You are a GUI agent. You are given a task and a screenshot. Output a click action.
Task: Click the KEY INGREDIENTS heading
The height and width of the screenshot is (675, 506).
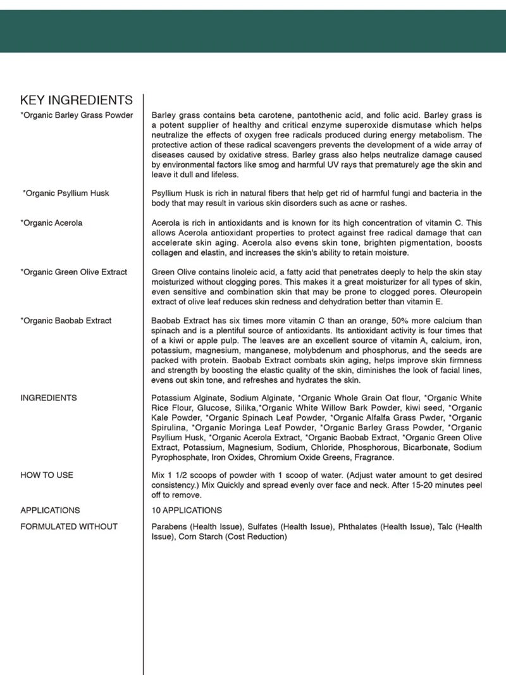77,100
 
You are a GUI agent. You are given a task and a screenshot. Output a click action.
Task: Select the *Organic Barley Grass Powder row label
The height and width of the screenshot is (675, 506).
77,115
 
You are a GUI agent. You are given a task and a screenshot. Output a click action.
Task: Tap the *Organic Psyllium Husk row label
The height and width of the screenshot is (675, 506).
66,193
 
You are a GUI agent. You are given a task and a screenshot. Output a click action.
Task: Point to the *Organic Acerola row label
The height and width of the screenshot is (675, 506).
51,223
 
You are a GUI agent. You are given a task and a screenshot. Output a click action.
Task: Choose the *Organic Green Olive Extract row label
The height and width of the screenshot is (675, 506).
73,272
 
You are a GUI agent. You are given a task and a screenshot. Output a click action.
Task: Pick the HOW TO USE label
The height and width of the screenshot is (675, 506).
47,475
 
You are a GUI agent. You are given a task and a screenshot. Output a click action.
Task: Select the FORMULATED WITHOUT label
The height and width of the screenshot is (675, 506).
69,526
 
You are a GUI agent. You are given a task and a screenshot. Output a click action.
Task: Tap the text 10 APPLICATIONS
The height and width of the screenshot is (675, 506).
187,510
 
